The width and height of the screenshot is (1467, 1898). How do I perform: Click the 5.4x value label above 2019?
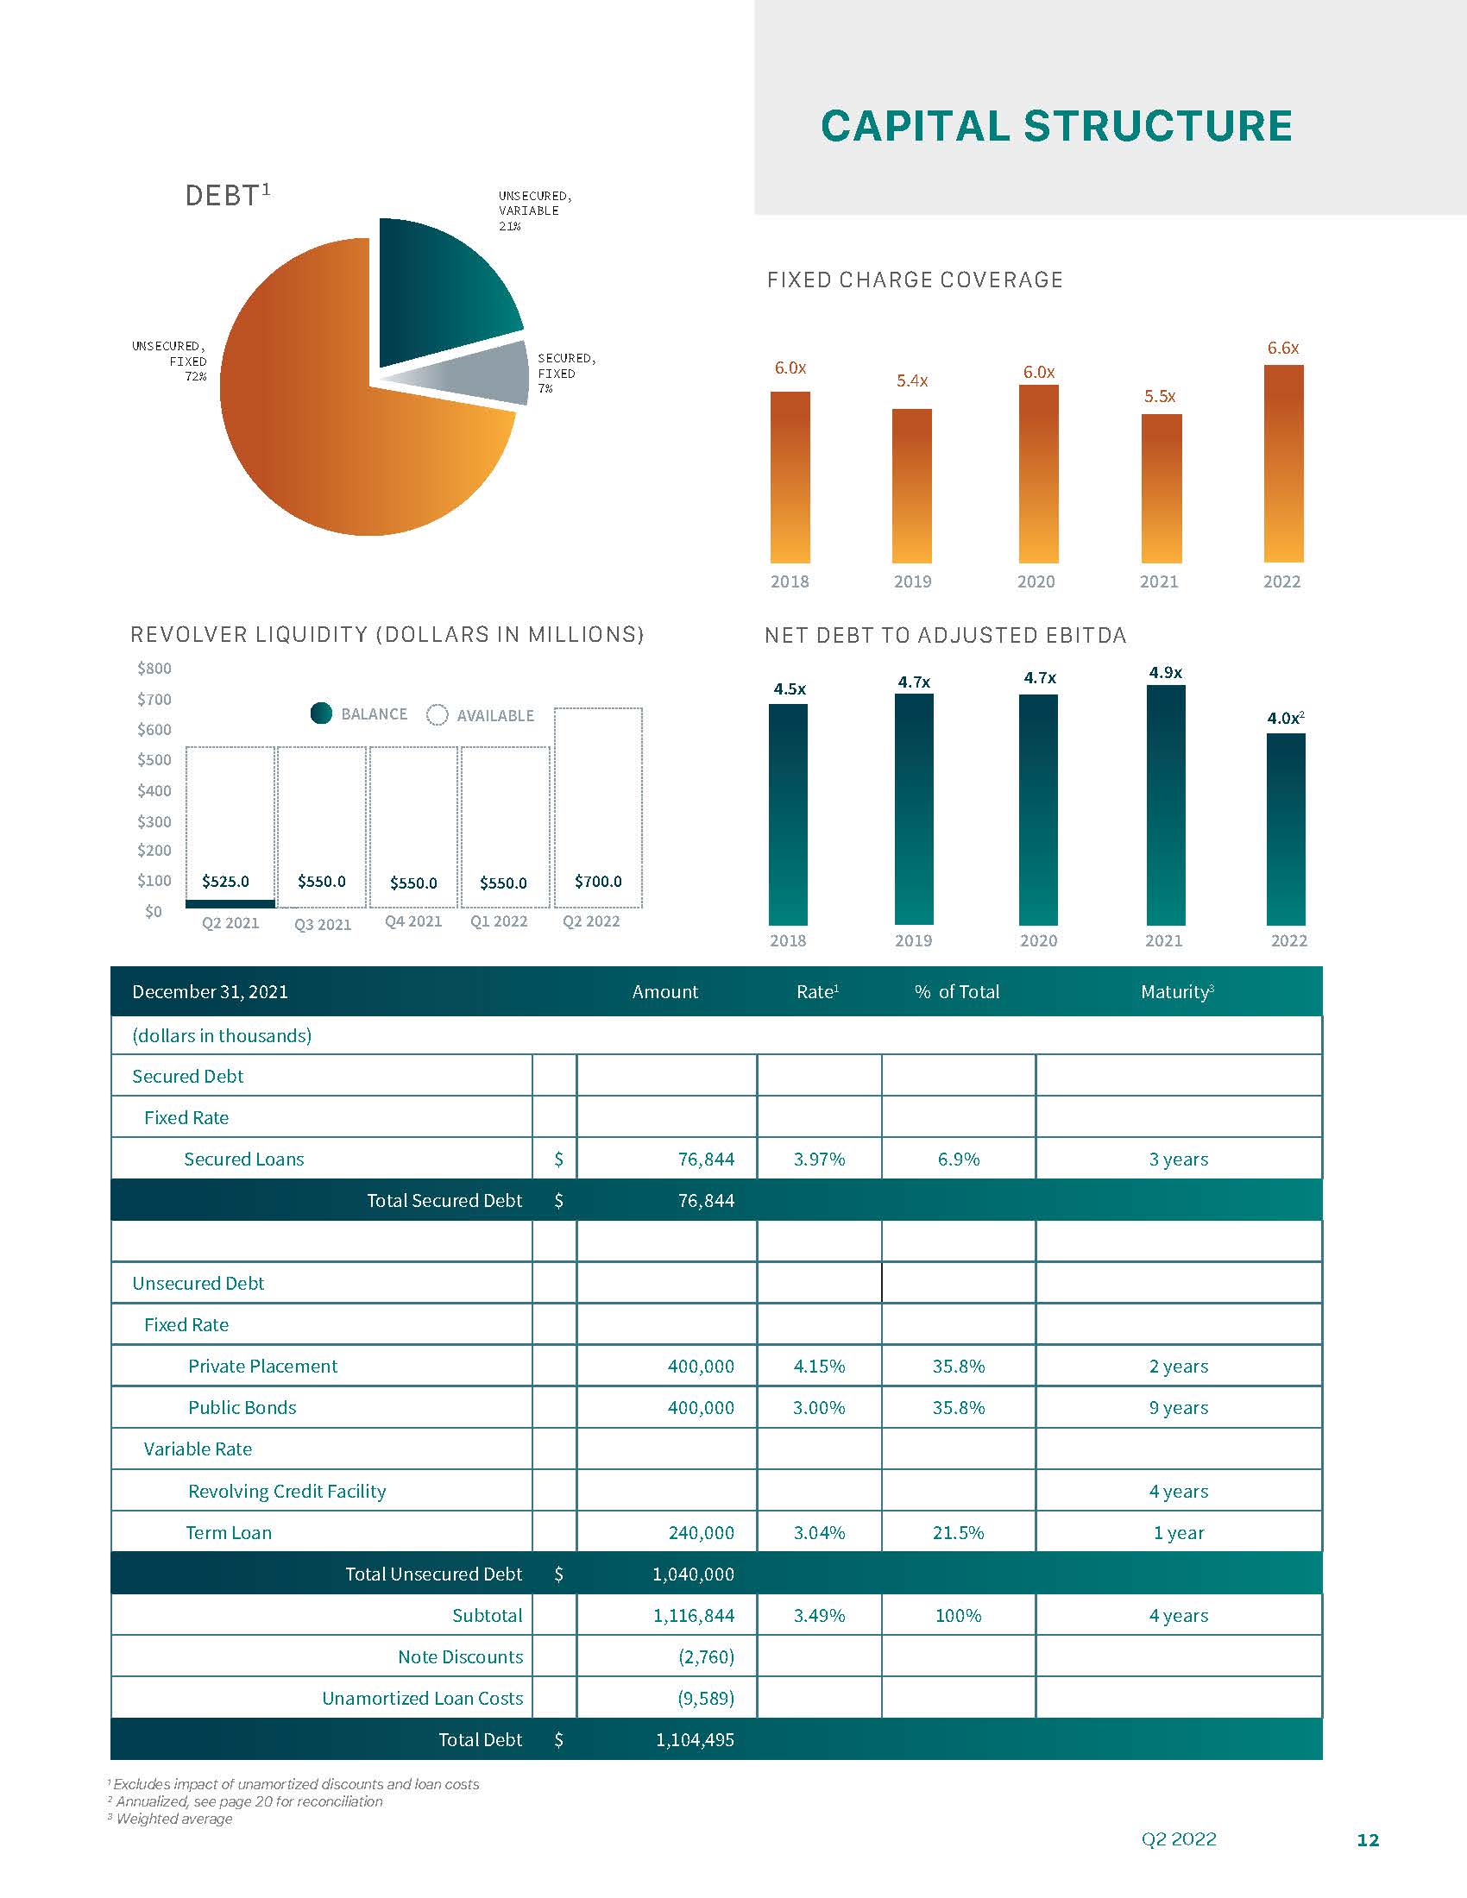pos(911,380)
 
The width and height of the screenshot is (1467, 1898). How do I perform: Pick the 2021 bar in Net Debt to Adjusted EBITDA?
pos(1166,805)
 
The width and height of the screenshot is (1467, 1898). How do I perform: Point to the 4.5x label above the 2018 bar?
pos(789,689)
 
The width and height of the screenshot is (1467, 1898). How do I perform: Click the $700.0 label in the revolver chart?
pos(598,881)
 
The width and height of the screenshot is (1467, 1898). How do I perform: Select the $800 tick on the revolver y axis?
pos(154,669)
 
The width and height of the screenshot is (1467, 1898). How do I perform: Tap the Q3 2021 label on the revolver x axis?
pos(323,925)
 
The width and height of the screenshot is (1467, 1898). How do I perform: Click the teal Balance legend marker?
pos(322,713)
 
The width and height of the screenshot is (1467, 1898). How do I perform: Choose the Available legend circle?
pos(438,714)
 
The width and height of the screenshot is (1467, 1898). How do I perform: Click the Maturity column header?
pos(1177,991)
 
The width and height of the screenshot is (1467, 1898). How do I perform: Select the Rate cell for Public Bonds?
pos(819,1408)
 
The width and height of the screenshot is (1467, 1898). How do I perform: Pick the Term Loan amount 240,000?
pos(701,1533)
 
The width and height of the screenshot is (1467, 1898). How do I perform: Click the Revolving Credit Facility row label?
pos(286,1492)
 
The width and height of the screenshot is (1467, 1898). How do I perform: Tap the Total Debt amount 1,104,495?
pos(695,1740)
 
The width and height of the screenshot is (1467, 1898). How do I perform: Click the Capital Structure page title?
pos(1056,126)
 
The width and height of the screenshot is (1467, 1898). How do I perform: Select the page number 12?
pos(1368,1840)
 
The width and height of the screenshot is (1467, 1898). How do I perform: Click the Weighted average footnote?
pos(173,1819)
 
